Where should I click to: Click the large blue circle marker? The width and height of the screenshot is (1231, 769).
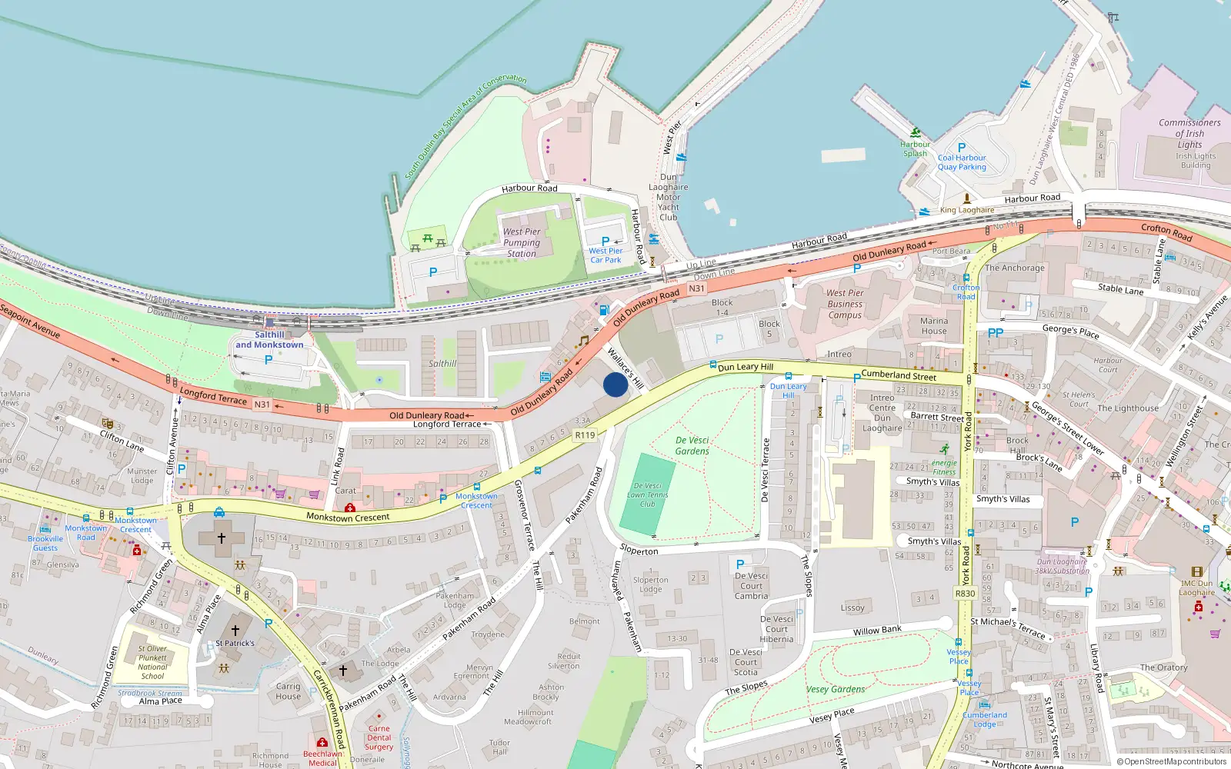click(x=615, y=384)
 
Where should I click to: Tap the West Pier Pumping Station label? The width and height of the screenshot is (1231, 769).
click(x=522, y=242)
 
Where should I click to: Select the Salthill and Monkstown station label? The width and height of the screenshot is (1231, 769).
click(x=269, y=340)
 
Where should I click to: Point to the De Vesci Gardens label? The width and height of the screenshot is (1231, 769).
click(x=692, y=446)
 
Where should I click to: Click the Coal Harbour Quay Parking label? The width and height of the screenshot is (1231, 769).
click(x=962, y=162)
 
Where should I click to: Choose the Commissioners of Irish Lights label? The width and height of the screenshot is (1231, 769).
click(x=1189, y=134)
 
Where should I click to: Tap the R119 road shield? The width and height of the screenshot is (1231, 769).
click(x=585, y=435)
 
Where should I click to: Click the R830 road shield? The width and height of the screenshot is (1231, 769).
click(x=965, y=594)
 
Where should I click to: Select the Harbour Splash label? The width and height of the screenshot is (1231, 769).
click(x=915, y=149)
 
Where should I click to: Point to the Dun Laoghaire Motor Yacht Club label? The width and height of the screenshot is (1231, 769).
click(x=669, y=197)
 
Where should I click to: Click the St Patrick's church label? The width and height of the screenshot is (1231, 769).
click(x=235, y=643)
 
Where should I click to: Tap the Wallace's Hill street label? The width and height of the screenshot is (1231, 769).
click(x=626, y=367)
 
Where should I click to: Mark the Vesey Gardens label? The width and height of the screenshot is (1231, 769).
click(x=836, y=690)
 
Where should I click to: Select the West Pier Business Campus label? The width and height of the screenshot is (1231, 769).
click(x=845, y=304)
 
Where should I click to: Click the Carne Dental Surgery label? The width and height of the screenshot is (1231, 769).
click(x=379, y=737)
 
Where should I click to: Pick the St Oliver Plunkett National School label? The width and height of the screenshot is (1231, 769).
click(x=152, y=662)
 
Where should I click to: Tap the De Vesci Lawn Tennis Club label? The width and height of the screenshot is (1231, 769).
click(x=648, y=495)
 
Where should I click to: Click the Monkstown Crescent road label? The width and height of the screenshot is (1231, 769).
click(x=348, y=517)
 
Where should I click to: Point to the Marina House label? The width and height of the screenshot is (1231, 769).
click(x=934, y=326)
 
